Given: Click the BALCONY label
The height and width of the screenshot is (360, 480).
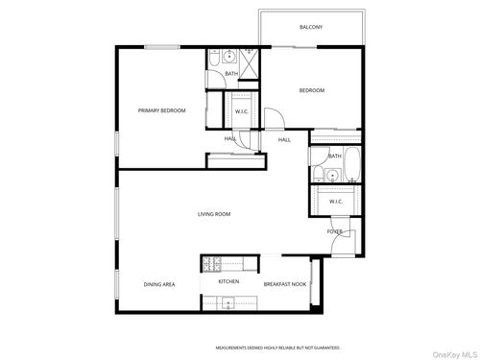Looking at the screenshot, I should [310, 27].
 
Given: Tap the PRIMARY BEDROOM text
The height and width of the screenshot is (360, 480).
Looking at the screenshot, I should [161, 110].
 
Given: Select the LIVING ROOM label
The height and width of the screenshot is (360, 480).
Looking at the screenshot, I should [214, 214].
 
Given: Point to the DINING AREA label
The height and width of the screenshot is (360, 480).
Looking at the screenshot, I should [159, 284].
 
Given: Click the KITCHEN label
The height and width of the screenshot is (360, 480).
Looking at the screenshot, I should [228, 282].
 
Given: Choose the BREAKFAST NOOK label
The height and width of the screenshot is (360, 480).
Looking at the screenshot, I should [285, 284].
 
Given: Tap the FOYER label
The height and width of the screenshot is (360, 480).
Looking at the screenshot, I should [335, 231].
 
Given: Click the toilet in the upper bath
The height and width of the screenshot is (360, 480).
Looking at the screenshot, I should [231, 53].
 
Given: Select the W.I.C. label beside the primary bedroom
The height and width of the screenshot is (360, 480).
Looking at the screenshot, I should [243, 111].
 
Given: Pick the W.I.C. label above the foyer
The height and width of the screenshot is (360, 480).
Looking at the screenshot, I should [337, 202].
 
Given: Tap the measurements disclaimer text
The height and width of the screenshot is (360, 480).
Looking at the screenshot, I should [277, 347].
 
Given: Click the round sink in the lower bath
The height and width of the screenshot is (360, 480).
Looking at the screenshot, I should [330, 175].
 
